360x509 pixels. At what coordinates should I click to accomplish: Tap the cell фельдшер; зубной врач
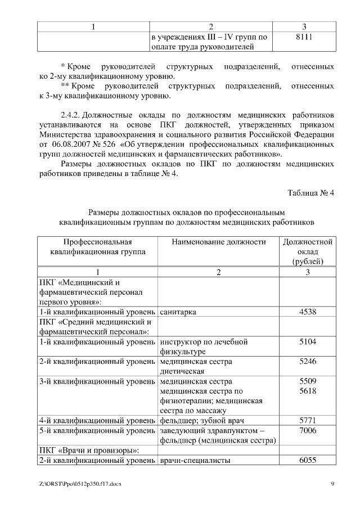pos(202,420)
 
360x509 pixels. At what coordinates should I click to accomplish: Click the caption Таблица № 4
pos(311,193)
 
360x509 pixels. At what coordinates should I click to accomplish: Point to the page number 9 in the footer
pos(332,484)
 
